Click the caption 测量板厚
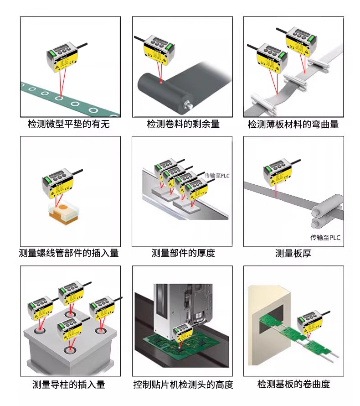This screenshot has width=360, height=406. click(293, 253)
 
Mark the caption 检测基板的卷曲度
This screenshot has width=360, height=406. click(293, 385)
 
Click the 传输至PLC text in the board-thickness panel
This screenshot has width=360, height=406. click(325, 237)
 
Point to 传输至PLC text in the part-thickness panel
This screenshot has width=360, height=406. click(217, 176)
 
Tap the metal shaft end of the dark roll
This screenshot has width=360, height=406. click(186, 104)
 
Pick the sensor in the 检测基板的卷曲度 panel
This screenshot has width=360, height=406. click(311, 323)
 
